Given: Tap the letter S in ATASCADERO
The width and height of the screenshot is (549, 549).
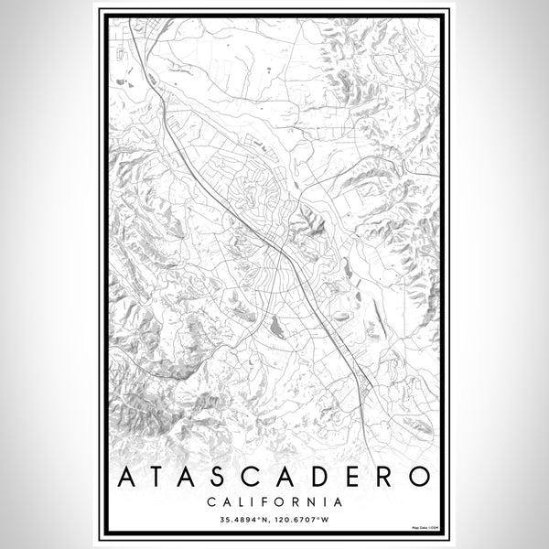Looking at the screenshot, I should click(x=227, y=477).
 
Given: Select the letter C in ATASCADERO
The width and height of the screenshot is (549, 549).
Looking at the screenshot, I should click(x=261, y=477).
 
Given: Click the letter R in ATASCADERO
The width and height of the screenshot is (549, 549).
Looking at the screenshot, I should click(x=388, y=477).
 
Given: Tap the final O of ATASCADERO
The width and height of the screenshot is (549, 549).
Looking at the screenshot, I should click(x=420, y=477).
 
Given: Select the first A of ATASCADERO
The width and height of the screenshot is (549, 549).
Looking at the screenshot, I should click(x=127, y=477).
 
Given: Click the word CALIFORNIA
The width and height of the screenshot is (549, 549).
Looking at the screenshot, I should click(x=274, y=501).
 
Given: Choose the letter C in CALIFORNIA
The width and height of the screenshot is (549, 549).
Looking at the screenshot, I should click(x=211, y=501).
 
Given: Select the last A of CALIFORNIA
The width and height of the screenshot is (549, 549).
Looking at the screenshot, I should click(x=338, y=501).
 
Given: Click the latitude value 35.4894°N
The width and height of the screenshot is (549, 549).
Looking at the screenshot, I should click(x=244, y=521).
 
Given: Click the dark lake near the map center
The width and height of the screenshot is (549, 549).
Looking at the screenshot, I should click(x=277, y=323).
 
